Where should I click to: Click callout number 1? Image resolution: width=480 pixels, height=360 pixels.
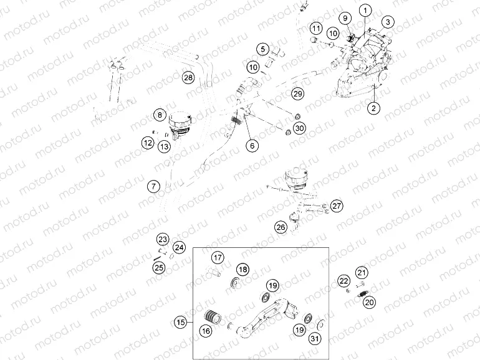pos(365,11)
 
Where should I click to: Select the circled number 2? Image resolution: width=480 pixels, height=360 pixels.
pos(373,108)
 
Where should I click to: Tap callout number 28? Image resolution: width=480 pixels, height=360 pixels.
pos(188,77)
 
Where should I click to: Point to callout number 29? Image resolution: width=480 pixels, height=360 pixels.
pos(297,93)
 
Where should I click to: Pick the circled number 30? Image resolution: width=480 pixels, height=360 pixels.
pos(299,128)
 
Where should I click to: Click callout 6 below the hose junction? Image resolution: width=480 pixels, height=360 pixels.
pos(252,146)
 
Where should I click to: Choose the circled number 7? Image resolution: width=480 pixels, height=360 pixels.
pos(153,186)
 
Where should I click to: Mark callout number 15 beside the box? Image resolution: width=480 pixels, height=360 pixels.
pos(180,323)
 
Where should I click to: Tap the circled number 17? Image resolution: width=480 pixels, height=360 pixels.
pos(218,257)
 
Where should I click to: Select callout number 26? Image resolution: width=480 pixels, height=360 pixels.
pos(281,227)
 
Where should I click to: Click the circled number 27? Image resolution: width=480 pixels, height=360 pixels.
pos(337,206)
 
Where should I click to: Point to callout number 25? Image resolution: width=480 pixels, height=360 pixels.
pos(159,268)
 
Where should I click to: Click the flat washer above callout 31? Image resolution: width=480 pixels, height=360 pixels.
pos(321,324)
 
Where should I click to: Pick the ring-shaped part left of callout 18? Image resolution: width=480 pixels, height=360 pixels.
pos(235,282)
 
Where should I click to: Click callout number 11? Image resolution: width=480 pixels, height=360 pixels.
pos(316,29)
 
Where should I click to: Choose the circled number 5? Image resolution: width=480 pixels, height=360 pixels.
pos(262,49)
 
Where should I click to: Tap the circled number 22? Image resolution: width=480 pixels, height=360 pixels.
pos(343,281)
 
